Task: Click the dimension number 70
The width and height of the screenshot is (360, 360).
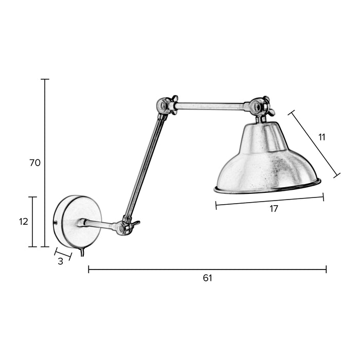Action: (35, 163)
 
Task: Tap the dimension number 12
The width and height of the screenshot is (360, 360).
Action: (23, 222)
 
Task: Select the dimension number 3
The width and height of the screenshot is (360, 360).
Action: (60, 261)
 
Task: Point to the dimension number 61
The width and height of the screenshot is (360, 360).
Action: (207, 278)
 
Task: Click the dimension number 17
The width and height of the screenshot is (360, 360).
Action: (274, 209)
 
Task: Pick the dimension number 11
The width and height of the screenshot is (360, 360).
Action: (322, 137)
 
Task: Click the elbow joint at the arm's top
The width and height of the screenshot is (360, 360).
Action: (166, 105)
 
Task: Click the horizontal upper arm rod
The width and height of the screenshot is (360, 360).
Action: (211, 106)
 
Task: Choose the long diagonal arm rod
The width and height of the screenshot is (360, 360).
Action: (145, 167)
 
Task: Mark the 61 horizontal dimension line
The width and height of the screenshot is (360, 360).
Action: (207, 269)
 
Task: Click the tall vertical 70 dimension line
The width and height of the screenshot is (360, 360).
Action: (45, 163)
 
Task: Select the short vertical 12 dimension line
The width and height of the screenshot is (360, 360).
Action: (33, 222)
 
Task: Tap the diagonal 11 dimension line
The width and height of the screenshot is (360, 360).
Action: (315, 143)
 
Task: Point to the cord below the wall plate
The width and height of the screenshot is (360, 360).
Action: (82, 253)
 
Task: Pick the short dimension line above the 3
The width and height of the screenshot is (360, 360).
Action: (63, 253)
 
